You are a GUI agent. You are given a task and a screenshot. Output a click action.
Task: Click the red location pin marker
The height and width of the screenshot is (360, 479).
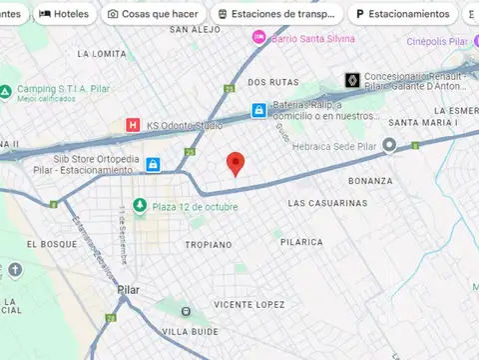[x=236, y=163]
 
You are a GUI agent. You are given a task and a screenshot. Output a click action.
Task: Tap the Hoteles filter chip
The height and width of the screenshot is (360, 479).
[x=64, y=14]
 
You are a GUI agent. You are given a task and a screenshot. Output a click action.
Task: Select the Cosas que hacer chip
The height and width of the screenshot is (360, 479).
[x=152, y=14]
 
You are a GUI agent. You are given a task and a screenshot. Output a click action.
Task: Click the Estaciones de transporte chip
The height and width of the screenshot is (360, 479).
[x=277, y=14]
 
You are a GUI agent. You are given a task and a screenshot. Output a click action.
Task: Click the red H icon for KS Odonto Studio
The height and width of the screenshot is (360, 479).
[x=132, y=125]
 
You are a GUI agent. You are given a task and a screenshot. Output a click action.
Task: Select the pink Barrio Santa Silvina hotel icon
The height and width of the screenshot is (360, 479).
[x=259, y=36]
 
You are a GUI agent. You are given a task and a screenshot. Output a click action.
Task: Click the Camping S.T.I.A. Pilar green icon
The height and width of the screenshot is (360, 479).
[x=6, y=90]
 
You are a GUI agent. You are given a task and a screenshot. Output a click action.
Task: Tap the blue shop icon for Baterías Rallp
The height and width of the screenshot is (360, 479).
[x=258, y=110]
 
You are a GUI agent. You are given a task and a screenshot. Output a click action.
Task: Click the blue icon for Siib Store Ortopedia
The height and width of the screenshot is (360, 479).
[x=153, y=164]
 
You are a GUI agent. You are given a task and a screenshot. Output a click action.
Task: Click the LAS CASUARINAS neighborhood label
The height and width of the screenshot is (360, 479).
[x=326, y=203]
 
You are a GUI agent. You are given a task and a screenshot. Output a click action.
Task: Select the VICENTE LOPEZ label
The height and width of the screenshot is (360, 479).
[x=248, y=304]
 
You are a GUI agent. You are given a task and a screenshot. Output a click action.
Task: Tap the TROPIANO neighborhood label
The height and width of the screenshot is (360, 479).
[x=208, y=244]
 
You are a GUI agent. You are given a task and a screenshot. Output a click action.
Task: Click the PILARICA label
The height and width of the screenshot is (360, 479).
[x=301, y=242]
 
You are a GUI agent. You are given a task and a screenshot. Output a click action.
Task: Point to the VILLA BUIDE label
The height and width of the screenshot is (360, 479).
[x=190, y=331]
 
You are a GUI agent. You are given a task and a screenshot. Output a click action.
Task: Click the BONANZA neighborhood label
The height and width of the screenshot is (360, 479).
[x=369, y=181]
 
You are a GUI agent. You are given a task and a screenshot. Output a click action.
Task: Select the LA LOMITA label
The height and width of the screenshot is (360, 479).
[x=101, y=54]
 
